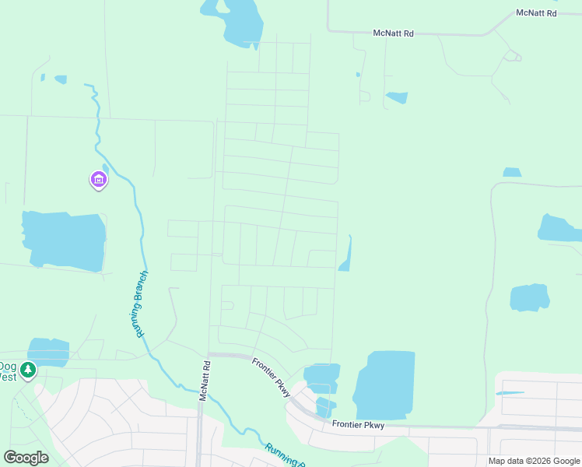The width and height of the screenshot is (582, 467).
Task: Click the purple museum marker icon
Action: [98, 180]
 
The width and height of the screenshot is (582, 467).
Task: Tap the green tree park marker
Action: [29, 369]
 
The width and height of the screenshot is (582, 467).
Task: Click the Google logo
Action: [26, 458]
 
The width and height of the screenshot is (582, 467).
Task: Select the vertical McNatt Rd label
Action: [204, 381]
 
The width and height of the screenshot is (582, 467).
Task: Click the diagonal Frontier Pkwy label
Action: [272, 377]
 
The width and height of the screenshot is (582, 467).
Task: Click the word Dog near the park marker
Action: [7, 366]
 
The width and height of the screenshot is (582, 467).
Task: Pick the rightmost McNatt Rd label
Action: [537, 13]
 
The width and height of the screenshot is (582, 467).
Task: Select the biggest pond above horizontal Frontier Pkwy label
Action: [384, 384]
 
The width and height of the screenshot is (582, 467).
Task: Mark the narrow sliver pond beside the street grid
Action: [345, 255]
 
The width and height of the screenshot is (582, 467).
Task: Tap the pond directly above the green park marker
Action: [48, 350]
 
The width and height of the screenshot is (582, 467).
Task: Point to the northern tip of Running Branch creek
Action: [87, 85]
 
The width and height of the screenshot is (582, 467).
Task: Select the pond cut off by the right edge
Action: [559, 227]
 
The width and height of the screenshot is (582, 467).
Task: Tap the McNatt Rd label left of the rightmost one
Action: [394, 33]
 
